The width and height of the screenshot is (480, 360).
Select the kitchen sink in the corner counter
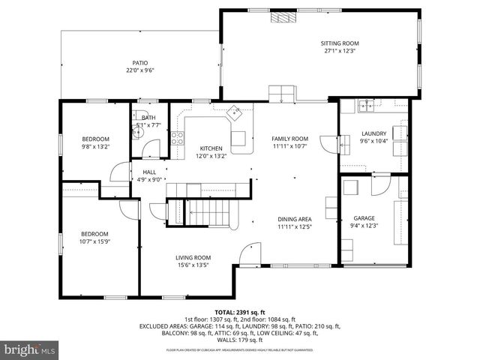(x=235, y=112)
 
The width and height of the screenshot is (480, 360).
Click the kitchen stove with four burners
(x=178, y=137)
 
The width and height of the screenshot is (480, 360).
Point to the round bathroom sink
(x=137, y=133)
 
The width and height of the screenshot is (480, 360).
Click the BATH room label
(x=148, y=118)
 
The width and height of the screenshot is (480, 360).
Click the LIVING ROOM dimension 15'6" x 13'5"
(x=193, y=265)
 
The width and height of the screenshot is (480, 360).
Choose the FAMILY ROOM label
(x=289, y=139)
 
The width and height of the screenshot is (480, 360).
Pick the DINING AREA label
(x=294, y=218)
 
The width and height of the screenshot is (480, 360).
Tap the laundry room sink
(x=367, y=106)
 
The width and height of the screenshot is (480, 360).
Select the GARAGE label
(x=364, y=218)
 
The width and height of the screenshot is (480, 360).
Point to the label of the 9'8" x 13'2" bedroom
(x=95, y=139)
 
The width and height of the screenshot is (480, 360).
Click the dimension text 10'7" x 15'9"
(x=95, y=241)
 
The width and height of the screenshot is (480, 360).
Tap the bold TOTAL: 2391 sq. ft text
(x=239, y=310)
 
